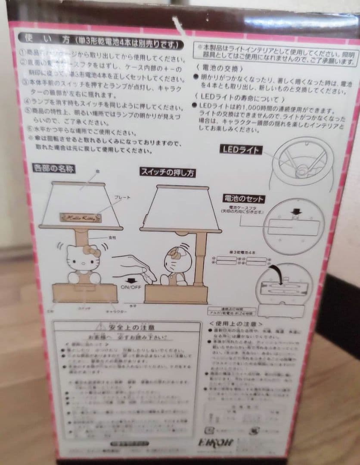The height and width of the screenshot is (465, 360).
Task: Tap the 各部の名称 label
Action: (x=54, y=168)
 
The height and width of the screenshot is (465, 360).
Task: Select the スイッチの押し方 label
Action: (x=168, y=173)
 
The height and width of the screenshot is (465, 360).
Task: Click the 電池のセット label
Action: (x=244, y=199)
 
